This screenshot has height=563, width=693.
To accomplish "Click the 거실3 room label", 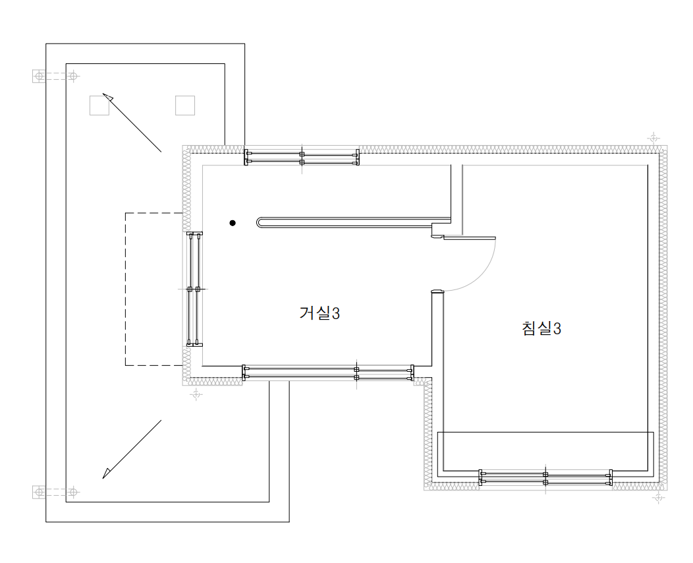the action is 319,313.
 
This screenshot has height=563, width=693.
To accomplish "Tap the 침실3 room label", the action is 541,328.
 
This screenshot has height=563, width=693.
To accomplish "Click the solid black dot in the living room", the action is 233,223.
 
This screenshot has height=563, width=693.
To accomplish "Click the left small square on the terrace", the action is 99,105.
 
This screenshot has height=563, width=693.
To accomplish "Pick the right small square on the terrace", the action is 185,105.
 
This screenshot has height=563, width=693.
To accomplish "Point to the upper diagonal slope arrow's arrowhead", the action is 107,97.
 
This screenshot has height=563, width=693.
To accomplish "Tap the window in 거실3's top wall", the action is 302,158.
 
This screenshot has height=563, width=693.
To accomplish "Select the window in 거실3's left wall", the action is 194,289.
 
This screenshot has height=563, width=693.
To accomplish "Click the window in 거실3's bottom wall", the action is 328,373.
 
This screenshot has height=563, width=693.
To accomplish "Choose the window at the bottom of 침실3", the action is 546,477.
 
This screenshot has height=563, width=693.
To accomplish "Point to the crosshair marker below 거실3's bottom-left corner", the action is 196,394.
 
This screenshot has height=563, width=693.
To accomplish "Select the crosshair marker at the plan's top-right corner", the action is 653,138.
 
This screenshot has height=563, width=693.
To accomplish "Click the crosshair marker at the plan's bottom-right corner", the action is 659,498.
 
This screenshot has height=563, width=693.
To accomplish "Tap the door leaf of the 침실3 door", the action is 470,239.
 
